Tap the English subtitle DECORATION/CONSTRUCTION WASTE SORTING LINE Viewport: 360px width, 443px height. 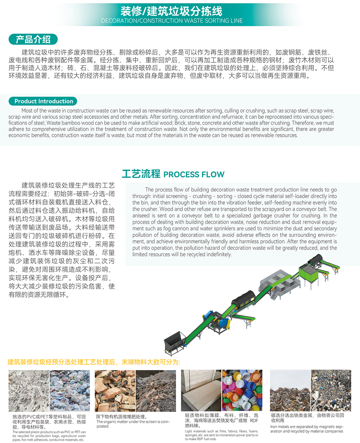172,21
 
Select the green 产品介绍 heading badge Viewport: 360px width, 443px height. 33,39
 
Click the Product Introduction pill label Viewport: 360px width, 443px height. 44,101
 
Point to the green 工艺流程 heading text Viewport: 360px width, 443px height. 141,174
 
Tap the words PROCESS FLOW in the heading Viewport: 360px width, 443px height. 194,174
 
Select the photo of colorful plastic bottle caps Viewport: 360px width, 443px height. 242,390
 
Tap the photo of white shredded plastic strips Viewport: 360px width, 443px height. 29,390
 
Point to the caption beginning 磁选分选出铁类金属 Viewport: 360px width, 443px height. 307,418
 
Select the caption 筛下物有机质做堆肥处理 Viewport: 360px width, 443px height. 121,417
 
